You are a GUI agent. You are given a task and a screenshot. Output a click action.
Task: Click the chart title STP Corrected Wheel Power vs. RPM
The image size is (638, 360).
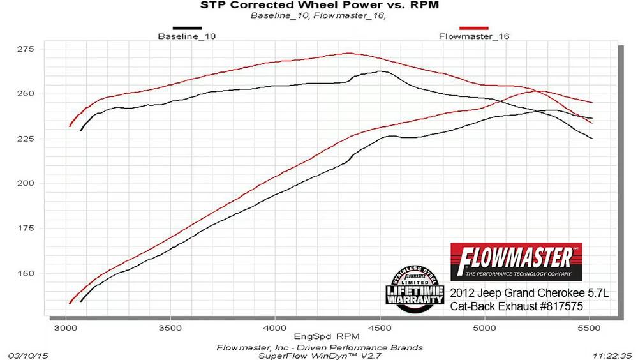tap(320, 6)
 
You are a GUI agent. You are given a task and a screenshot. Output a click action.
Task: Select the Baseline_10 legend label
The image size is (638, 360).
tap(186, 36)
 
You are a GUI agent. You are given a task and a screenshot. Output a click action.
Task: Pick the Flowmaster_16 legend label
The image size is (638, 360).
tap(474, 36)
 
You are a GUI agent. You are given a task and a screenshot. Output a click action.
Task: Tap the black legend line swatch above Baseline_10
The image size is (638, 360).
tap(187, 28)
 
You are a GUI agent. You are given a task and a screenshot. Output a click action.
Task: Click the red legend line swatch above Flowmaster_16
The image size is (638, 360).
tap(474, 28)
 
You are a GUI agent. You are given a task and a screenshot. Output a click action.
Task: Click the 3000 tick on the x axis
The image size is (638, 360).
tap(65, 327)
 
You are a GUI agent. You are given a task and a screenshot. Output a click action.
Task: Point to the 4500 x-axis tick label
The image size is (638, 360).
tap(380, 327)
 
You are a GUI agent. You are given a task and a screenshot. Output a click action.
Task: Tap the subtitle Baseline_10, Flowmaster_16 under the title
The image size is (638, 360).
tap(319, 15)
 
